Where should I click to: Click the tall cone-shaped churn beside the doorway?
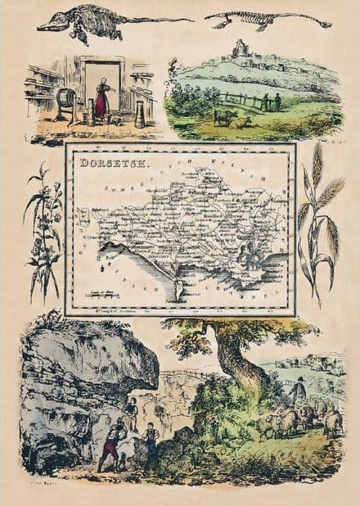click(x=140, y=114)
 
